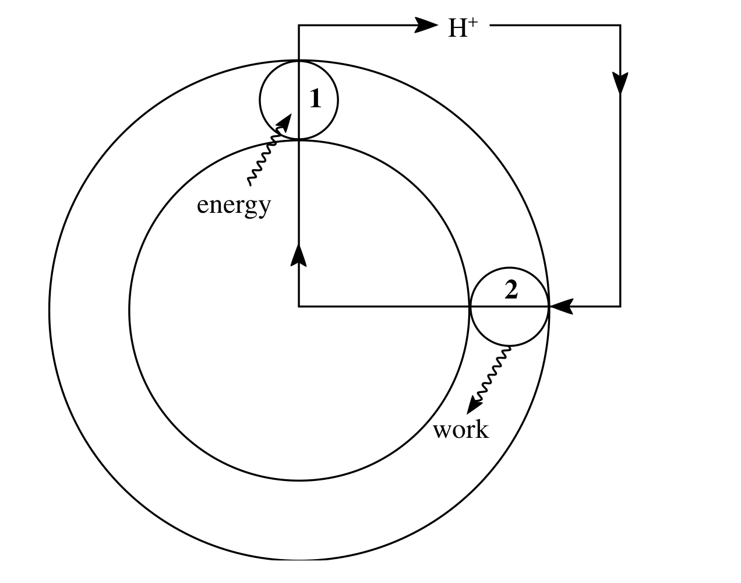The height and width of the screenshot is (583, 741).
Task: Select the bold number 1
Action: [315, 99]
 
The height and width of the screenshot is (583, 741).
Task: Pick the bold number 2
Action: [511, 290]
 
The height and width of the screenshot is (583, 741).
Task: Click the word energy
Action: [234, 205]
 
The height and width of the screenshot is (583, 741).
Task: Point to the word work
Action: [461, 430]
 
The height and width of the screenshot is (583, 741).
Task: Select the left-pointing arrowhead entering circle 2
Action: [560, 305]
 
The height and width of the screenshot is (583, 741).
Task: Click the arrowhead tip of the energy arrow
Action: [290, 115]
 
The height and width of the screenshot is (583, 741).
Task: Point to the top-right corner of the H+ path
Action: [620, 25]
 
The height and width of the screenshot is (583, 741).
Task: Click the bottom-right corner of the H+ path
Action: [620, 305]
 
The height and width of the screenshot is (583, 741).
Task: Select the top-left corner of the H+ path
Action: [299, 25]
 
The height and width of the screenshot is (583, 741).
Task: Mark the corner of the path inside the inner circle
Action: [299, 305]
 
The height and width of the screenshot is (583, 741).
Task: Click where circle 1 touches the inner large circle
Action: [299, 139]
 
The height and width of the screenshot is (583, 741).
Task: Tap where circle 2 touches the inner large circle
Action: [470, 305]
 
